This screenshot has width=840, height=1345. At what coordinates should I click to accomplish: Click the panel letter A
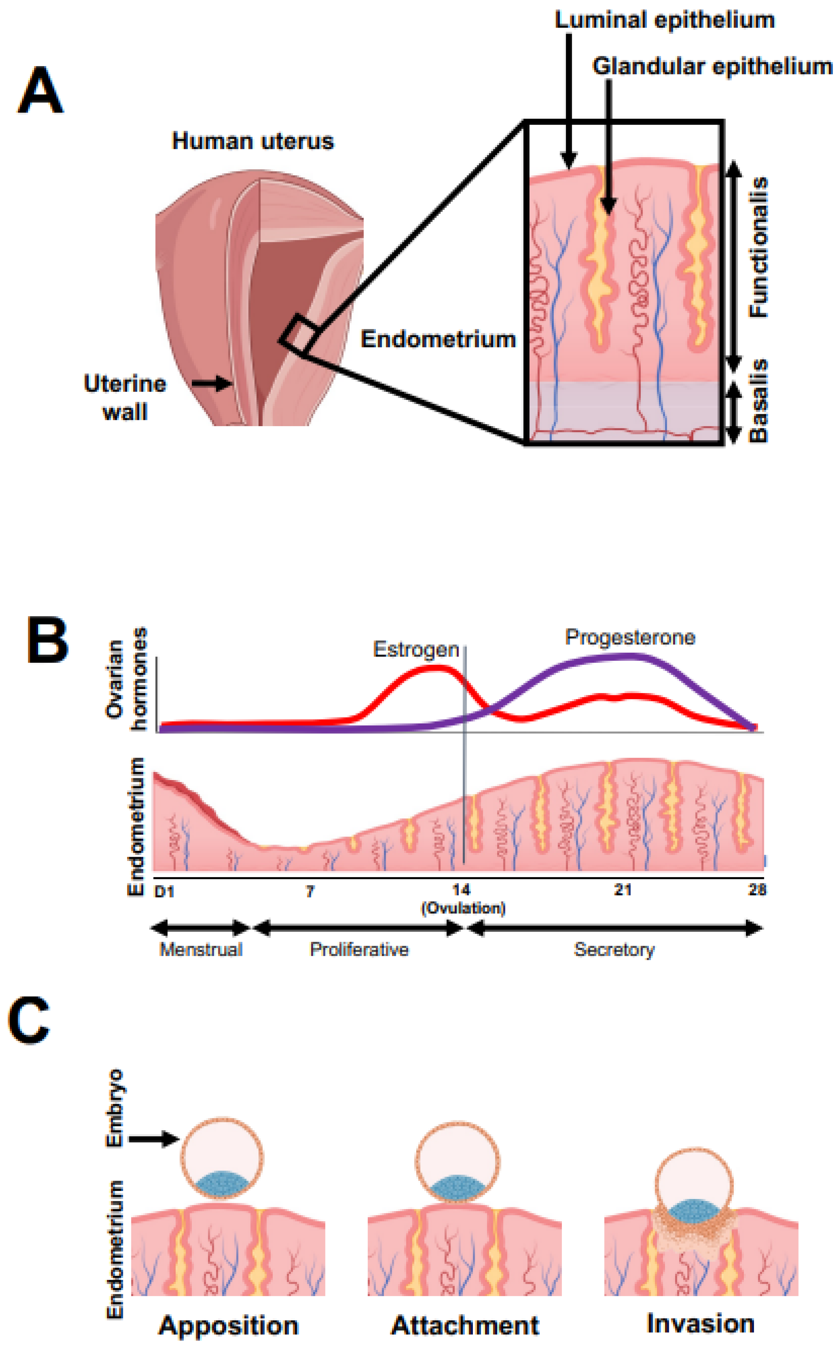click(x=40, y=91)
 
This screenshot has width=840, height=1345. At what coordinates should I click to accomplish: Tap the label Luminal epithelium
click(x=664, y=21)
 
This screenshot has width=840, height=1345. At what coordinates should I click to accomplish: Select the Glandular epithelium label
click(x=712, y=67)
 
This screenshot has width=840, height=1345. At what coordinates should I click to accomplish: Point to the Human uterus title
click(x=253, y=141)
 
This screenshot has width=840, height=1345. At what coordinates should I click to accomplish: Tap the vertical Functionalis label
click(x=758, y=247)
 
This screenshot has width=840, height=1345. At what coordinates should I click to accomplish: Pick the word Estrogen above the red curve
click(x=416, y=649)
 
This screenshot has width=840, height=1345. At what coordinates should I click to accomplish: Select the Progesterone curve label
click(x=630, y=637)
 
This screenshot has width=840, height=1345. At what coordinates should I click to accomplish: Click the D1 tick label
click(x=164, y=892)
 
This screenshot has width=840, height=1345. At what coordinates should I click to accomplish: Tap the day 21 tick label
click(x=623, y=890)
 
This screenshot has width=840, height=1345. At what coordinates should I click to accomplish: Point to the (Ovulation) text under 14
click(x=463, y=908)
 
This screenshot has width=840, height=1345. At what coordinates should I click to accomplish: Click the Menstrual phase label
click(x=201, y=949)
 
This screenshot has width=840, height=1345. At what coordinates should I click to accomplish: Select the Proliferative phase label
click(x=359, y=949)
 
